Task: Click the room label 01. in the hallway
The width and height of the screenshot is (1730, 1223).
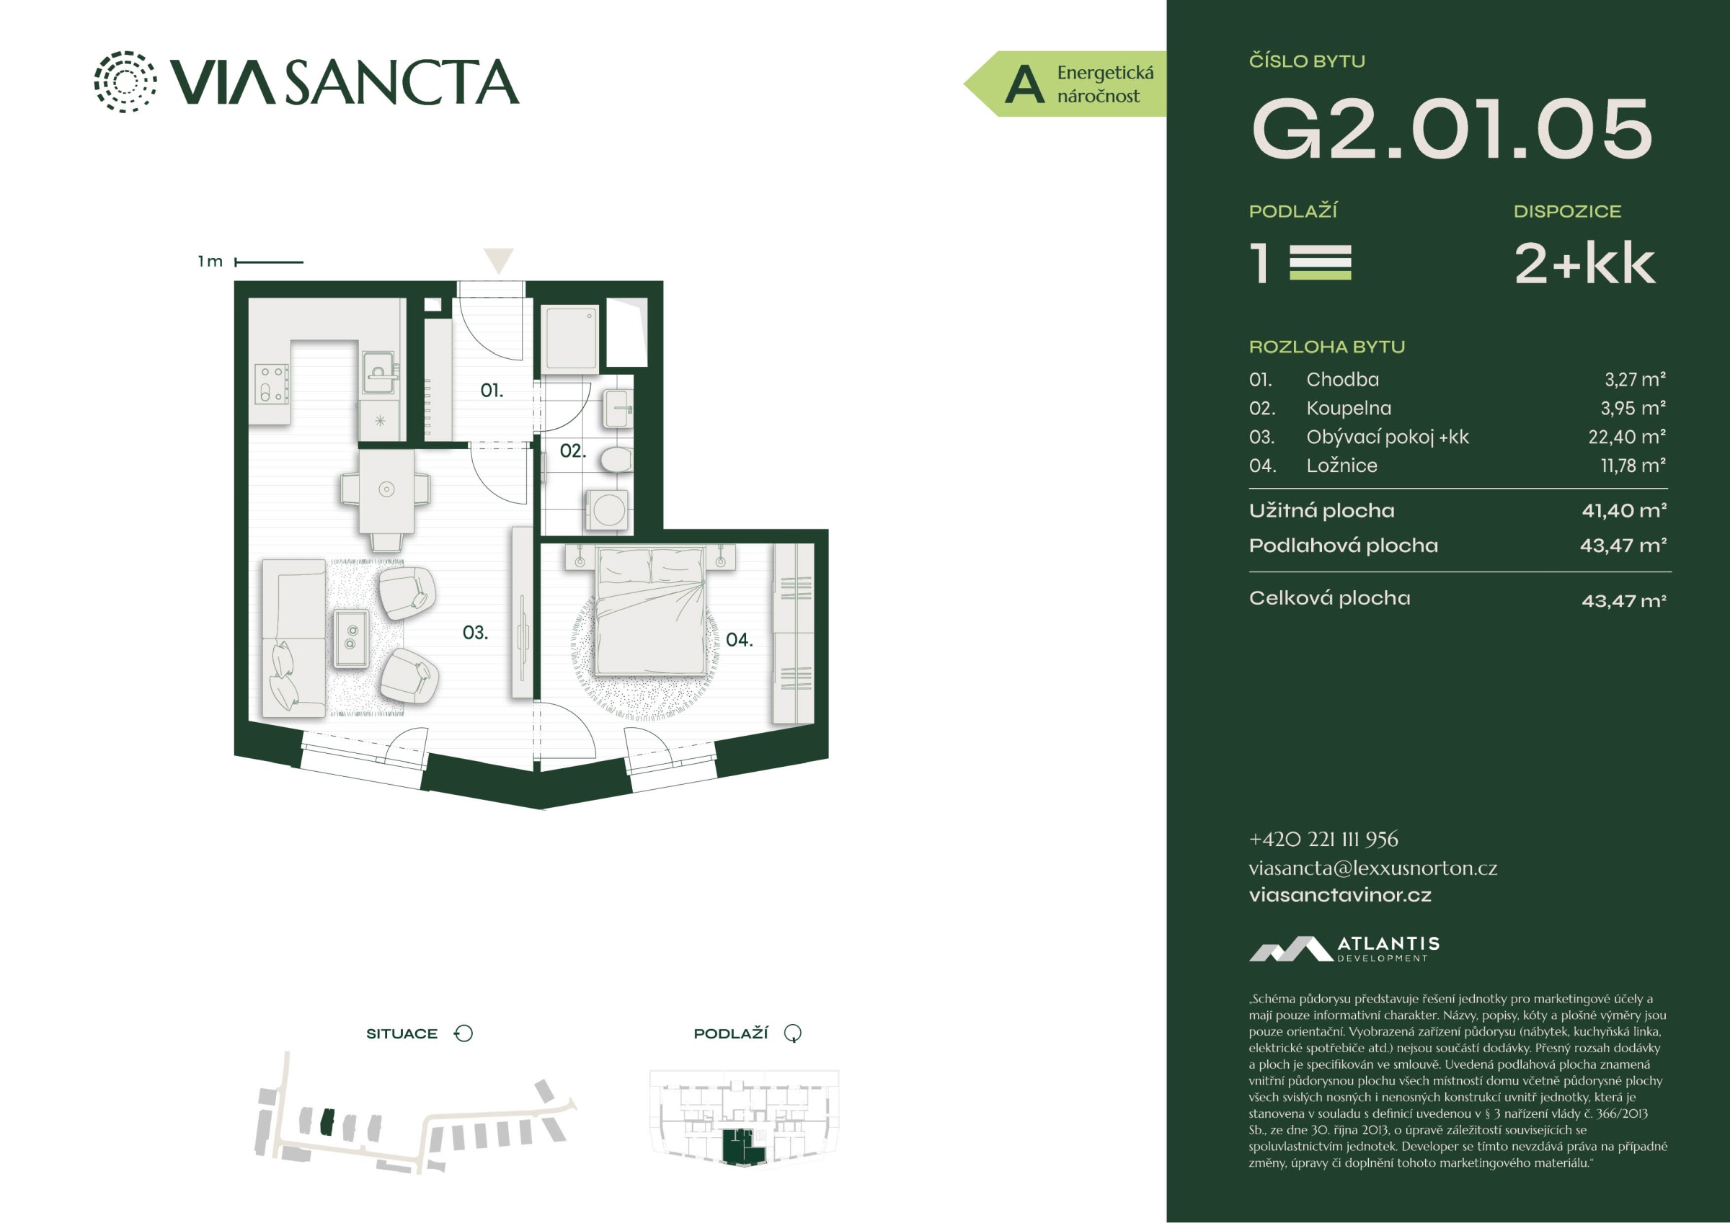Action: (492, 391)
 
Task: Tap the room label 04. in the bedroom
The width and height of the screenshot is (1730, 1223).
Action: (739, 640)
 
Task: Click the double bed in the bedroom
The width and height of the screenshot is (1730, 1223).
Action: (651, 611)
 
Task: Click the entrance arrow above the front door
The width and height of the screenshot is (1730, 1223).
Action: (498, 261)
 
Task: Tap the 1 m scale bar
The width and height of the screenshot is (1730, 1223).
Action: (269, 262)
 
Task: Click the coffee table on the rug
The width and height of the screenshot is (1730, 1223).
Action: (351, 638)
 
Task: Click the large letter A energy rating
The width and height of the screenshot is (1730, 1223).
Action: (1024, 84)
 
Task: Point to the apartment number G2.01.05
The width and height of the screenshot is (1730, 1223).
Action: (1451, 129)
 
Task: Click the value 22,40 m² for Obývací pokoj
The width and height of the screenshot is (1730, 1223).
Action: (1627, 437)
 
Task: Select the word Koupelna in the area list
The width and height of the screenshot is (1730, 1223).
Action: (1349, 409)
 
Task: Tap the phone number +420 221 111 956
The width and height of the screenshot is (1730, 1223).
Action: (1323, 840)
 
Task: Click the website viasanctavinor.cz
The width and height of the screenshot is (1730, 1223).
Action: (1340, 895)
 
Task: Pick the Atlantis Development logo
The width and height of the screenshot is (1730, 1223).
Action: (1344, 948)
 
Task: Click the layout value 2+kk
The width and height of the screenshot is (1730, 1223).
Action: (1584, 264)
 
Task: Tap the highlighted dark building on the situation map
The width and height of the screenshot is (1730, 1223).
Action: (327, 1122)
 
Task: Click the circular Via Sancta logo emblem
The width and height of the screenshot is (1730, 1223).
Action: (125, 81)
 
